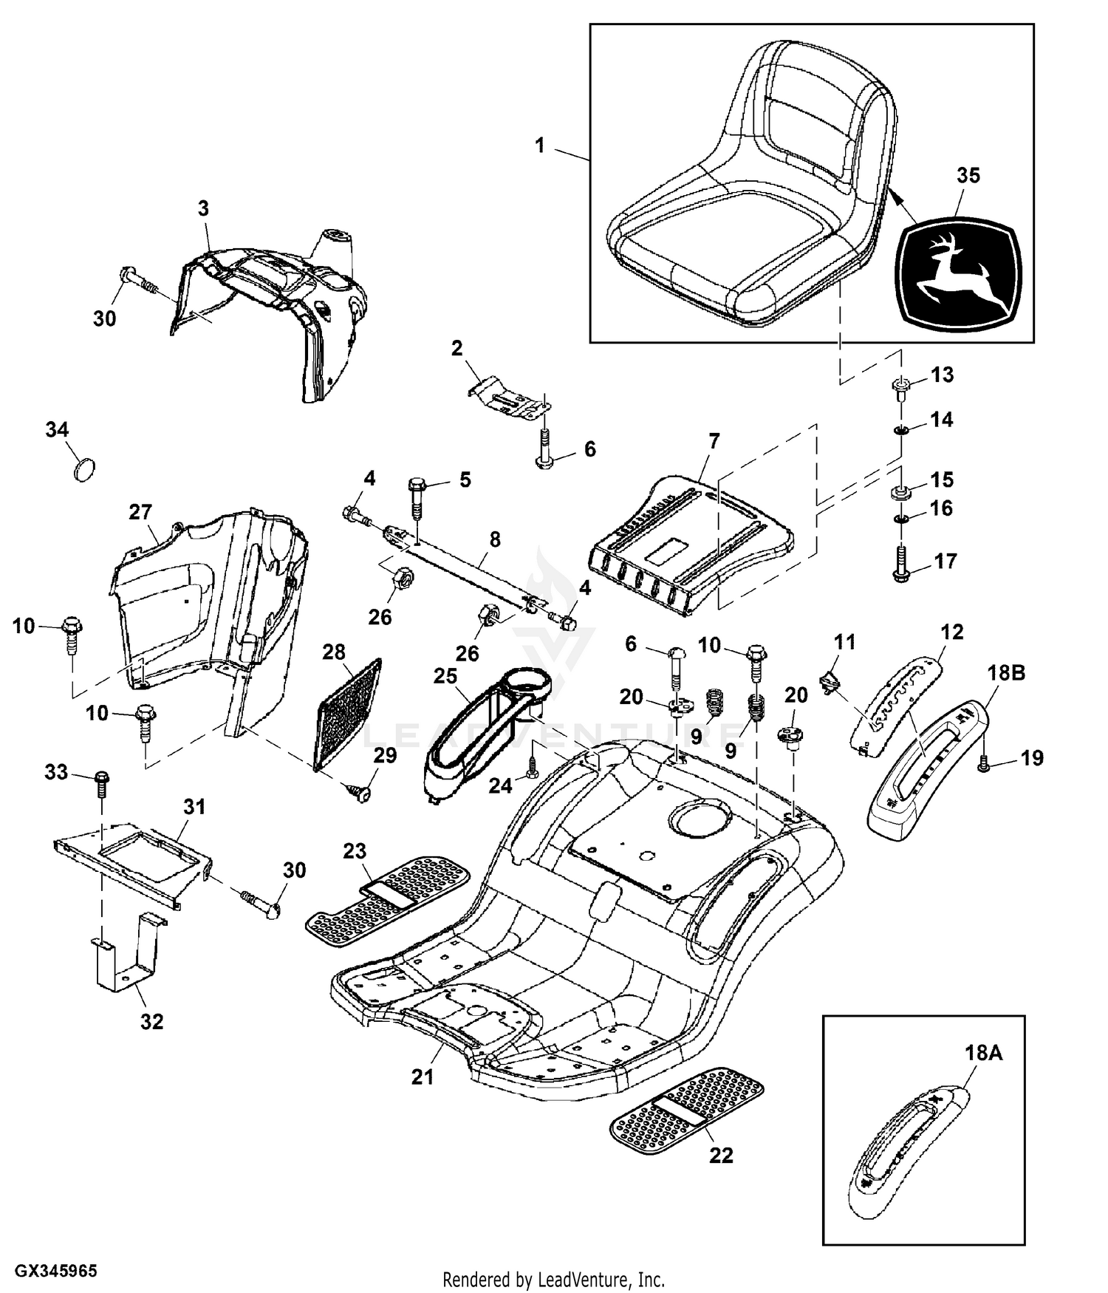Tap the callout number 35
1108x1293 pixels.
[968, 176]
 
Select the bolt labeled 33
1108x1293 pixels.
[103, 785]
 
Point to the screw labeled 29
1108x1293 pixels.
[362, 792]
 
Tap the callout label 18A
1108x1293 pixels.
[982, 1053]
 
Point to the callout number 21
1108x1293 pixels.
[423, 1077]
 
